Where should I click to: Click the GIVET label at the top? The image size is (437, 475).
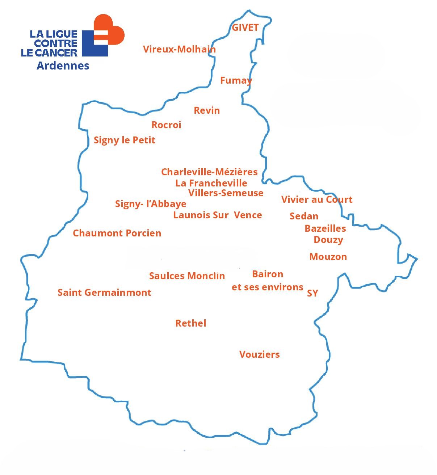(245, 28)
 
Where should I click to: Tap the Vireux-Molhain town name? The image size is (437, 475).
(179, 49)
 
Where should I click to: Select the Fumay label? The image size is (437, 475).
(236, 80)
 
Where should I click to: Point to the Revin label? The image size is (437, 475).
(207, 110)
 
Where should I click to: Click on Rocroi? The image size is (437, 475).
(166, 125)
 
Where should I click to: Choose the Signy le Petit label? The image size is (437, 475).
(124, 140)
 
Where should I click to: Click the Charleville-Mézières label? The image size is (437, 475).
(209, 172)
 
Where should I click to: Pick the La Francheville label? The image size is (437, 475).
(211, 183)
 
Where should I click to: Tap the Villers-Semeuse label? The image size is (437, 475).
(226, 193)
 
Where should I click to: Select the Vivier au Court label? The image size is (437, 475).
(317, 199)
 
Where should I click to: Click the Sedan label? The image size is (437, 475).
(304, 216)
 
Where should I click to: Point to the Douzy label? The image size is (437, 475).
(328, 240)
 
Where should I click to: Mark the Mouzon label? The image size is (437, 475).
(328, 257)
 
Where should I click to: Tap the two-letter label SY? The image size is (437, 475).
(312, 293)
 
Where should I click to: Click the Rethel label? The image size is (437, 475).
(191, 323)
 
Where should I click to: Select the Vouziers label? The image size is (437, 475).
(259, 354)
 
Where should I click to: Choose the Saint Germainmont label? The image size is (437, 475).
(104, 293)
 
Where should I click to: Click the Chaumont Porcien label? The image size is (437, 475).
(117, 233)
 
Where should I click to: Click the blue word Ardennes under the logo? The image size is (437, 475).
(63, 66)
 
